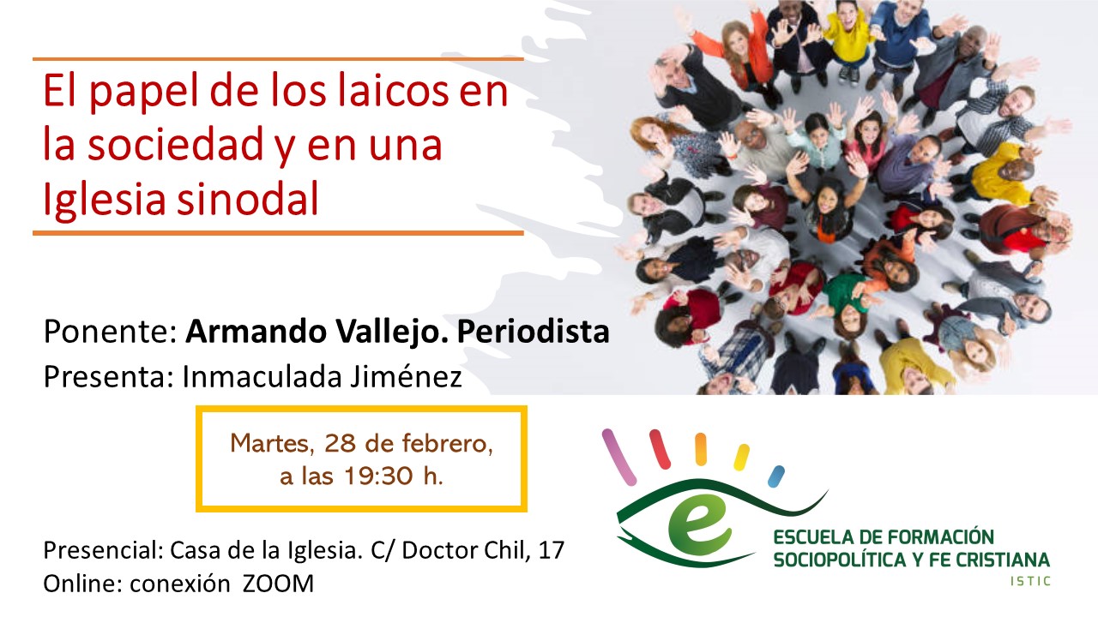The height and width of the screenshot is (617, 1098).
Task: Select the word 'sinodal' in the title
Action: [x=248, y=198]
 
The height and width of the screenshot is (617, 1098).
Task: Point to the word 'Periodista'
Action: [x=534, y=332]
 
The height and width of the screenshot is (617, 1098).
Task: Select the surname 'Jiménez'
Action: [x=406, y=376]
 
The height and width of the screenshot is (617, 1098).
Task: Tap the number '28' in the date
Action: [x=340, y=443]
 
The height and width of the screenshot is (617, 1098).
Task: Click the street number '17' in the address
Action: [x=552, y=550]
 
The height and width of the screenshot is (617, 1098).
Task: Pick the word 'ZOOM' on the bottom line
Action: [x=278, y=584]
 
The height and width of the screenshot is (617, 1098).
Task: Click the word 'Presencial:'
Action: [x=104, y=550]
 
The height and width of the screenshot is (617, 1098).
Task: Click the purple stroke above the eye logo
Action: [x=619, y=457]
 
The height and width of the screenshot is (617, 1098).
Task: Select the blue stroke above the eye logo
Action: [x=776, y=476]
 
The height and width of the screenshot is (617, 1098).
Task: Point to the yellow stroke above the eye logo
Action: [x=741, y=457]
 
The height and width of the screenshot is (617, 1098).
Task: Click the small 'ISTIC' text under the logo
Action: [x=1030, y=581]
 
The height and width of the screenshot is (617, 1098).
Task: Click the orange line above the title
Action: [x=278, y=59]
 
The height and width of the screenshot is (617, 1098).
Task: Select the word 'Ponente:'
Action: [x=111, y=332]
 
